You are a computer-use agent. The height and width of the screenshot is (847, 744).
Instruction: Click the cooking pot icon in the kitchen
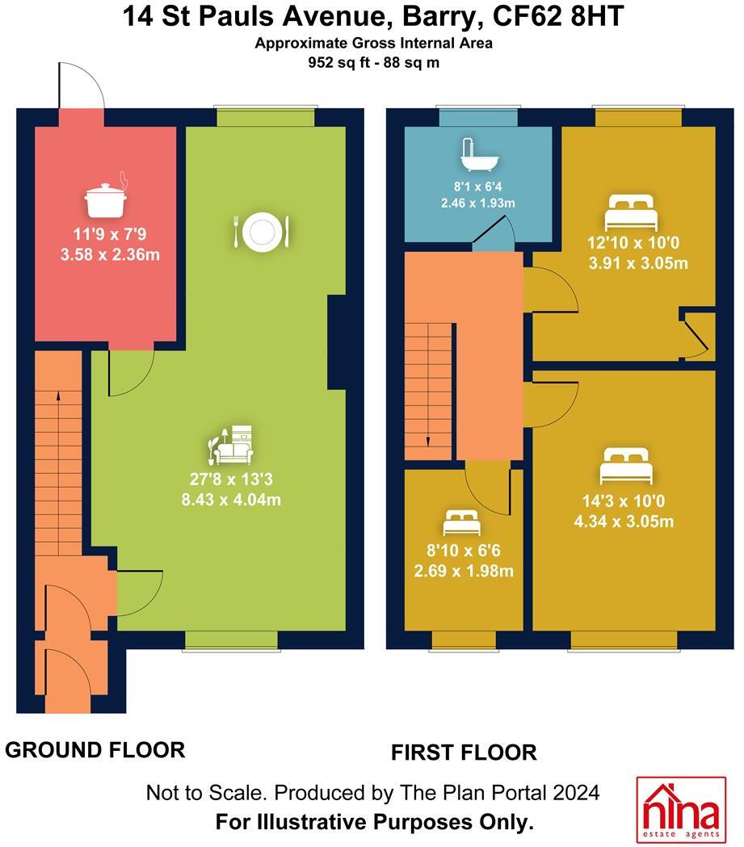click(105, 199)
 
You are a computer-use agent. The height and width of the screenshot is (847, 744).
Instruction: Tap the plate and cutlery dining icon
click(261, 232)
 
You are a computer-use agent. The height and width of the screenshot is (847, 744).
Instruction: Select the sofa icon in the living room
click(232, 445)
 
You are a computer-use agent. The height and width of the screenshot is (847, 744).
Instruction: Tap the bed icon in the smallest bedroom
click(462, 524)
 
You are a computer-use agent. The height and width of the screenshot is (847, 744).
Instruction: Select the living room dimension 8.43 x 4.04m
click(232, 498)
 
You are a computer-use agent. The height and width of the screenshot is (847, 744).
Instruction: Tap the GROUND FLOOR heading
click(95, 749)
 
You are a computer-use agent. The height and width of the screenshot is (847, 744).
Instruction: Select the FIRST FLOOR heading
click(464, 753)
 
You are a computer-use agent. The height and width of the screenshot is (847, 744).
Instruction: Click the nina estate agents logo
click(681, 808)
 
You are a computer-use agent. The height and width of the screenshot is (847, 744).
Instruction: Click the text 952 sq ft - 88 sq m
click(372, 63)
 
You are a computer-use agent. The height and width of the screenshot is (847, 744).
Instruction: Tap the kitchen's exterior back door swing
click(80, 87)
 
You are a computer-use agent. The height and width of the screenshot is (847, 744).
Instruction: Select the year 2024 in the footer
click(576, 793)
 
